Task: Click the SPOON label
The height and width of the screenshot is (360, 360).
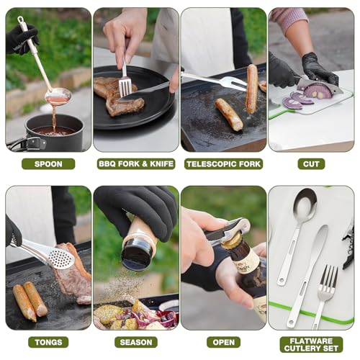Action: coord(48,164)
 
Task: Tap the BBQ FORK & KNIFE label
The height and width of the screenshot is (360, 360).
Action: coord(136,164)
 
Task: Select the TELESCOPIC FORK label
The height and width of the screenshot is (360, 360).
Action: coord(223,164)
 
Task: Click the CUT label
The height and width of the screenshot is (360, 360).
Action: coord(311,164)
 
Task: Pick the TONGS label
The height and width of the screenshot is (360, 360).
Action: coord(48,342)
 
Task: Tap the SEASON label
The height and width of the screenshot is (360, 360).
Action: coord(136,342)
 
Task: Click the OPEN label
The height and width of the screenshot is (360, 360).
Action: coord(223,342)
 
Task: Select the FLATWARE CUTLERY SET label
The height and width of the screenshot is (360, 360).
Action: coord(311,345)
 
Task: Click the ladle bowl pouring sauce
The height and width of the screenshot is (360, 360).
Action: coord(58,96)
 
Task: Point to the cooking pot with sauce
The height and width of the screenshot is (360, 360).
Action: coord(54,132)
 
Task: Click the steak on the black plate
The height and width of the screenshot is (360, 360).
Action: coord(117,96)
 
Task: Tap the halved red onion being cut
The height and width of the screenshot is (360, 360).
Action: coord(318,90)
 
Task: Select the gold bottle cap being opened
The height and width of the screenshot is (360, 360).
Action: coord(232,240)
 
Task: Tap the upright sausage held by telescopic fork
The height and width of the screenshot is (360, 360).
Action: coord(252,89)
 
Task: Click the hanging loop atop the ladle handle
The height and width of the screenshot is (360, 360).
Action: coord(21,19)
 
